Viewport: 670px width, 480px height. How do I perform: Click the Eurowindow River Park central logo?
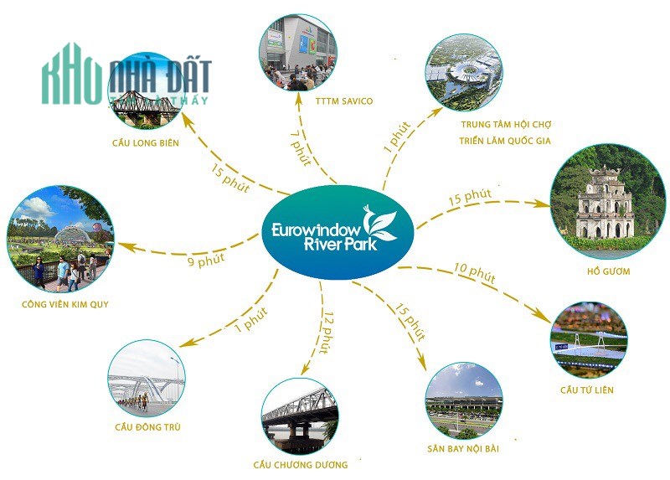pos(338,232)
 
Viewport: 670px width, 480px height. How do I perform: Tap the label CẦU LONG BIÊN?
pos(146,142)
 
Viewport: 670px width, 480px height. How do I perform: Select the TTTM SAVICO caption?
pos(344,101)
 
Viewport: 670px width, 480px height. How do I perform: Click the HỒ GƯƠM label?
pos(609,271)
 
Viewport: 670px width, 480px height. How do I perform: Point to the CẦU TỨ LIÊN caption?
pos(587,390)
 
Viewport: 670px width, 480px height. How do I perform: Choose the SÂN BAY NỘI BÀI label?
pos(463,449)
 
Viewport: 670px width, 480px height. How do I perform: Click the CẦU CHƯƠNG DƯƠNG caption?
pos(301,465)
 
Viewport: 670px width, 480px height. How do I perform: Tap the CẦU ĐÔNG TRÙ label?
pos(148,426)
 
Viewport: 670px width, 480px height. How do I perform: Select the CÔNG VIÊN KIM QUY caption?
pos(65,304)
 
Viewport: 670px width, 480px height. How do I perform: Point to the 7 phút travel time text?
pos(301,147)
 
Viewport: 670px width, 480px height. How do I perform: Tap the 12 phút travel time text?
pos(327,333)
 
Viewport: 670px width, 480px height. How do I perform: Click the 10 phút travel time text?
pos(474,273)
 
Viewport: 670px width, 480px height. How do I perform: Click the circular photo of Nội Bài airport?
pos(464,401)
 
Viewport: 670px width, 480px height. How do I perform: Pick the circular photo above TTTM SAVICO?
pos(298,53)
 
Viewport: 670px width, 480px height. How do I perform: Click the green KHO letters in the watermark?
pos(71,75)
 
